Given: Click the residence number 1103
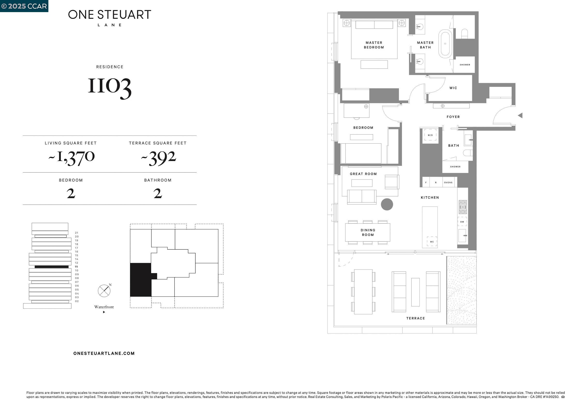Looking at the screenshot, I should pos(110,86).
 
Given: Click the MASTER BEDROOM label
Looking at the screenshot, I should pos(374,45).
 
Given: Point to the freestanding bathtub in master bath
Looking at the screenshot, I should pos(445,44).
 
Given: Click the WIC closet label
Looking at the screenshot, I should pos(453,88).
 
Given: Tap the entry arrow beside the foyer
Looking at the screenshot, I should pos(520,115).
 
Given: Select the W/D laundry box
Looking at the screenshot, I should pos(430,135).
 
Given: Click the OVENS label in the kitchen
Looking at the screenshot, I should pos(448,183).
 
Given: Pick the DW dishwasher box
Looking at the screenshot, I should pos(462,222).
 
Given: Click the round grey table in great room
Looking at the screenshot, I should pos(387,204).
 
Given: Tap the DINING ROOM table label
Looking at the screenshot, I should pos(368,232).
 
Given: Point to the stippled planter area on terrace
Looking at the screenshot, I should pos(461,290).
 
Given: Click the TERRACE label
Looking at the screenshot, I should pos(415,318).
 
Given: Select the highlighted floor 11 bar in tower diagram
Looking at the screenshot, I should pos(52,267).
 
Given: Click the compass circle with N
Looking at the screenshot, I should pos(104,291).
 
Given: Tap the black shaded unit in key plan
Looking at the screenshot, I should pos(140,280).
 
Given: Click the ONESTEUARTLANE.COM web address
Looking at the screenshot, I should pos(104,353).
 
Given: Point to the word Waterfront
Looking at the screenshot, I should pos(104,307).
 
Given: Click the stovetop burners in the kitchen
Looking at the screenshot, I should pos(463,207).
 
